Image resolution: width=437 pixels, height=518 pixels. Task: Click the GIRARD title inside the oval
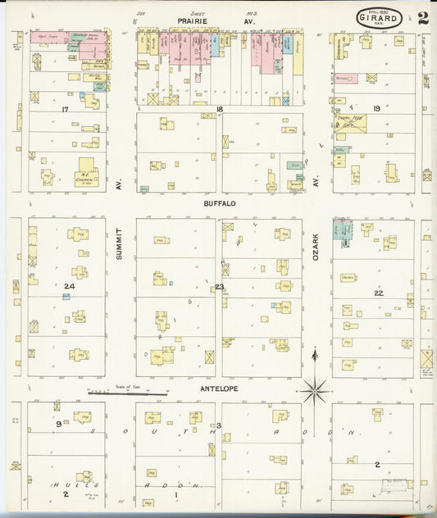click(x=378, y=16)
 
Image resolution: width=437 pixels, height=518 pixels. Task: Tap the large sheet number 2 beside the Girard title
click(x=422, y=18)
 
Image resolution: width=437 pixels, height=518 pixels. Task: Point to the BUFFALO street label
click(x=221, y=202)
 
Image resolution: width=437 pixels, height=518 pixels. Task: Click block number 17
click(x=64, y=108)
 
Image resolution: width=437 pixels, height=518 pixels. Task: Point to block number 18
click(x=219, y=108)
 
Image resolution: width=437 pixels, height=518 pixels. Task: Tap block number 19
click(x=376, y=108)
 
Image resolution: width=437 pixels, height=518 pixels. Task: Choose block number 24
click(x=70, y=286)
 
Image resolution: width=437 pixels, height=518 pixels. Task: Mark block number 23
click(x=219, y=287)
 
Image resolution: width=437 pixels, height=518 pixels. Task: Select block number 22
click(x=378, y=293)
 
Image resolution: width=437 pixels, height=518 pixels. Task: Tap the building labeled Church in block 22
click(x=348, y=278)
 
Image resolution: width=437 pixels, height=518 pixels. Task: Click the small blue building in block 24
click(x=66, y=297)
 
